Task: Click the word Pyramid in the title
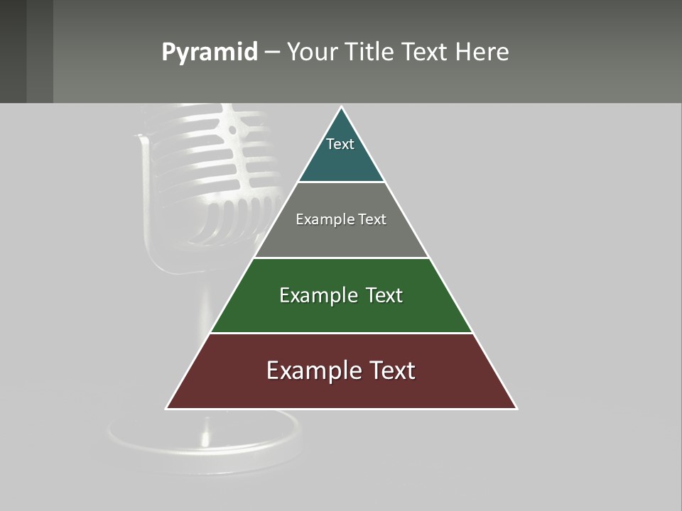(x=209, y=53)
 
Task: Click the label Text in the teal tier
(x=340, y=144)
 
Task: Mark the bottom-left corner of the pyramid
(x=167, y=408)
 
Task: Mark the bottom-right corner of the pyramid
(x=516, y=408)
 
